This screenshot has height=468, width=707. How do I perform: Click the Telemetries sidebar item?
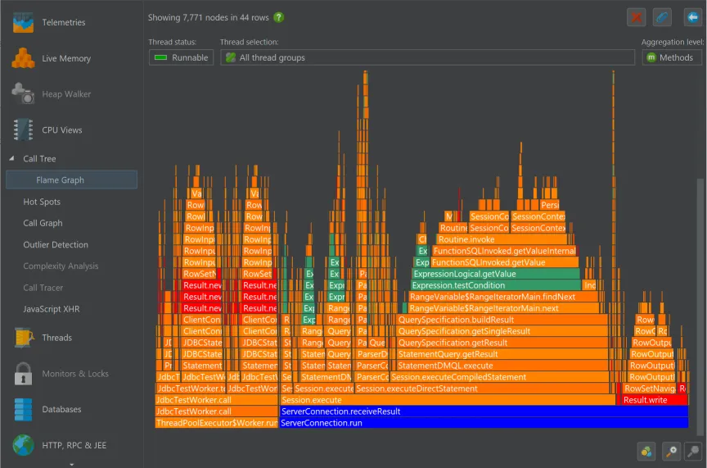[63, 22]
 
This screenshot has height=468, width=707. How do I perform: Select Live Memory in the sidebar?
[65, 58]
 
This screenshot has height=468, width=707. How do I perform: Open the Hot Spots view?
[42, 202]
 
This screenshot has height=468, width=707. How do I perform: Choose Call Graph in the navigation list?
[43, 223]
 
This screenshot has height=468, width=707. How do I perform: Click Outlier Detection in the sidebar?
[56, 244]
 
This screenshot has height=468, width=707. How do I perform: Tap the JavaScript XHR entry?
[51, 309]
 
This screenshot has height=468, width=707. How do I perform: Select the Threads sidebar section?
[56, 337]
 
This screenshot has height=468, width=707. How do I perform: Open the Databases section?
[61, 409]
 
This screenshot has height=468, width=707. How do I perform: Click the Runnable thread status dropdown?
[182, 57]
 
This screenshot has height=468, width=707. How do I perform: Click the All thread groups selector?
[427, 57]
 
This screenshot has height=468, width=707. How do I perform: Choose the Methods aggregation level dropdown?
[672, 57]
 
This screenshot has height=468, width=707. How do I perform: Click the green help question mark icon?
[279, 17]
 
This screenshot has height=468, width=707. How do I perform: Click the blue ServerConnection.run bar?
[483, 423]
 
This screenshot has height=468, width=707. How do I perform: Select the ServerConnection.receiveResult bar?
[483, 411]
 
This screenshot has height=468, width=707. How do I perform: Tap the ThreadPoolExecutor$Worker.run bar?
[216, 423]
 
